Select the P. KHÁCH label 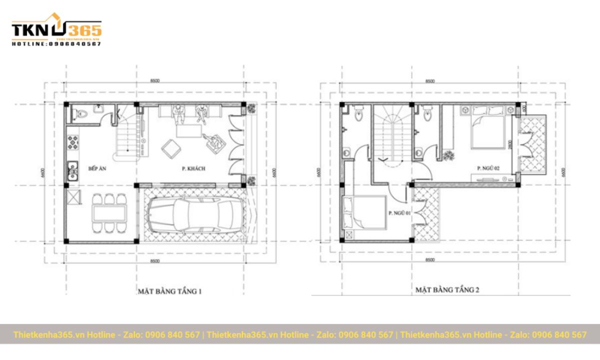click(x=194, y=169)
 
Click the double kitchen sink click(x=73, y=170)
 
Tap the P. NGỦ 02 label click(x=488, y=168)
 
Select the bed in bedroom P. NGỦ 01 click(x=363, y=212)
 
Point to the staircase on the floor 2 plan click(x=391, y=135)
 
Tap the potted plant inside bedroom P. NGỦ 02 click(x=448, y=155)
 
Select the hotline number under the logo click(x=56, y=44)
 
